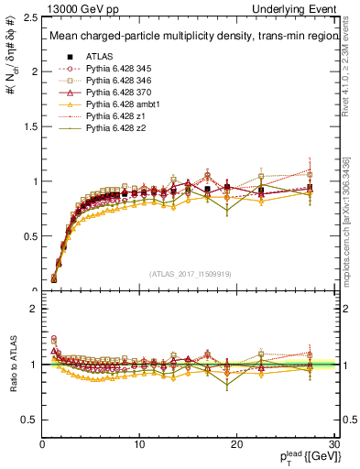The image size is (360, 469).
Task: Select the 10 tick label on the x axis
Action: click(x=139, y=444)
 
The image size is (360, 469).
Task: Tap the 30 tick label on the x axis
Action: click(x=334, y=444)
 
